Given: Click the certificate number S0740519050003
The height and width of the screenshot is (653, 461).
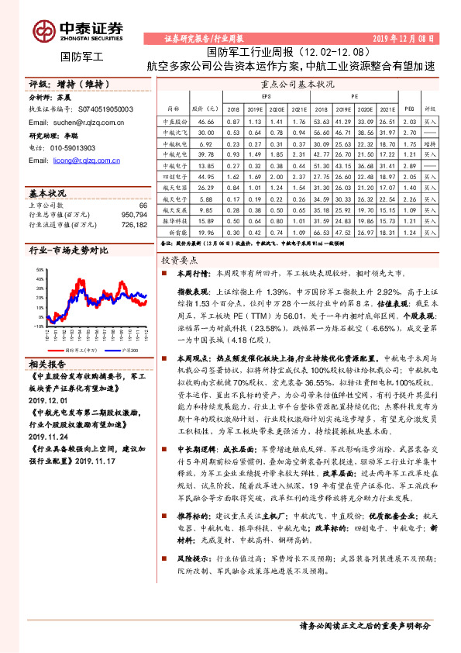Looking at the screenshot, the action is [104, 110].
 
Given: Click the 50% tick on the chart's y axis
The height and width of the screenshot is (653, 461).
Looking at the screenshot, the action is [39, 268].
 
